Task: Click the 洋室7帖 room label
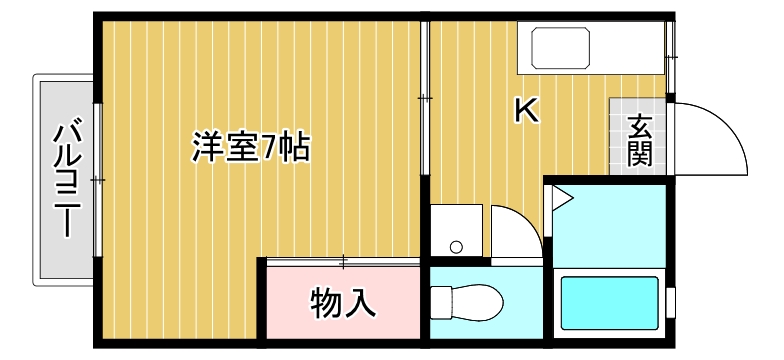(251, 148)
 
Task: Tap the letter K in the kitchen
(527, 110)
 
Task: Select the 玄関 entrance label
(641, 139)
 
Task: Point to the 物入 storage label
(343, 301)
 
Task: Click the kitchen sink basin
(563, 47)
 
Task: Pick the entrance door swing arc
(720, 134)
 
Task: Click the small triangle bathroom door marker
(560, 198)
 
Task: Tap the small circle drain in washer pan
(456, 246)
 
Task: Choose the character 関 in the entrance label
(641, 152)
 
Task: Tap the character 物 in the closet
(327, 301)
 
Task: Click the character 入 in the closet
(360, 301)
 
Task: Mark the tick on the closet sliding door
(343, 262)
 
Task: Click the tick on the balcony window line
(97, 179)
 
